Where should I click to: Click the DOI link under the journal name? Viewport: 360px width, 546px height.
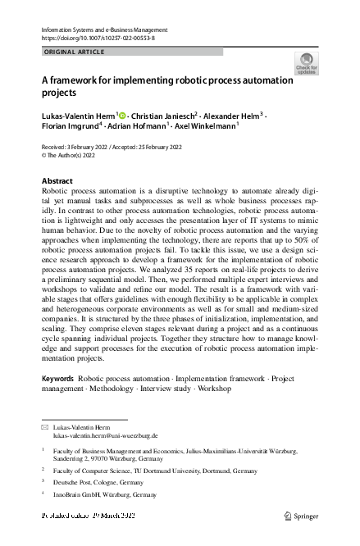tap(97, 38)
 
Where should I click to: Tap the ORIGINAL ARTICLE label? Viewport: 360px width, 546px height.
tap(74, 52)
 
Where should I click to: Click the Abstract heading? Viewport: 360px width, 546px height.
tap(57, 180)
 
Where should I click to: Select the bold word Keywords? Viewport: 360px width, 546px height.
tap(57, 378)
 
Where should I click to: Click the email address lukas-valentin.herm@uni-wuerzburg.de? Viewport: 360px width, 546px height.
tap(99, 435)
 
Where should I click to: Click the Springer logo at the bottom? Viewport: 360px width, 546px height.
tap(301, 517)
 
